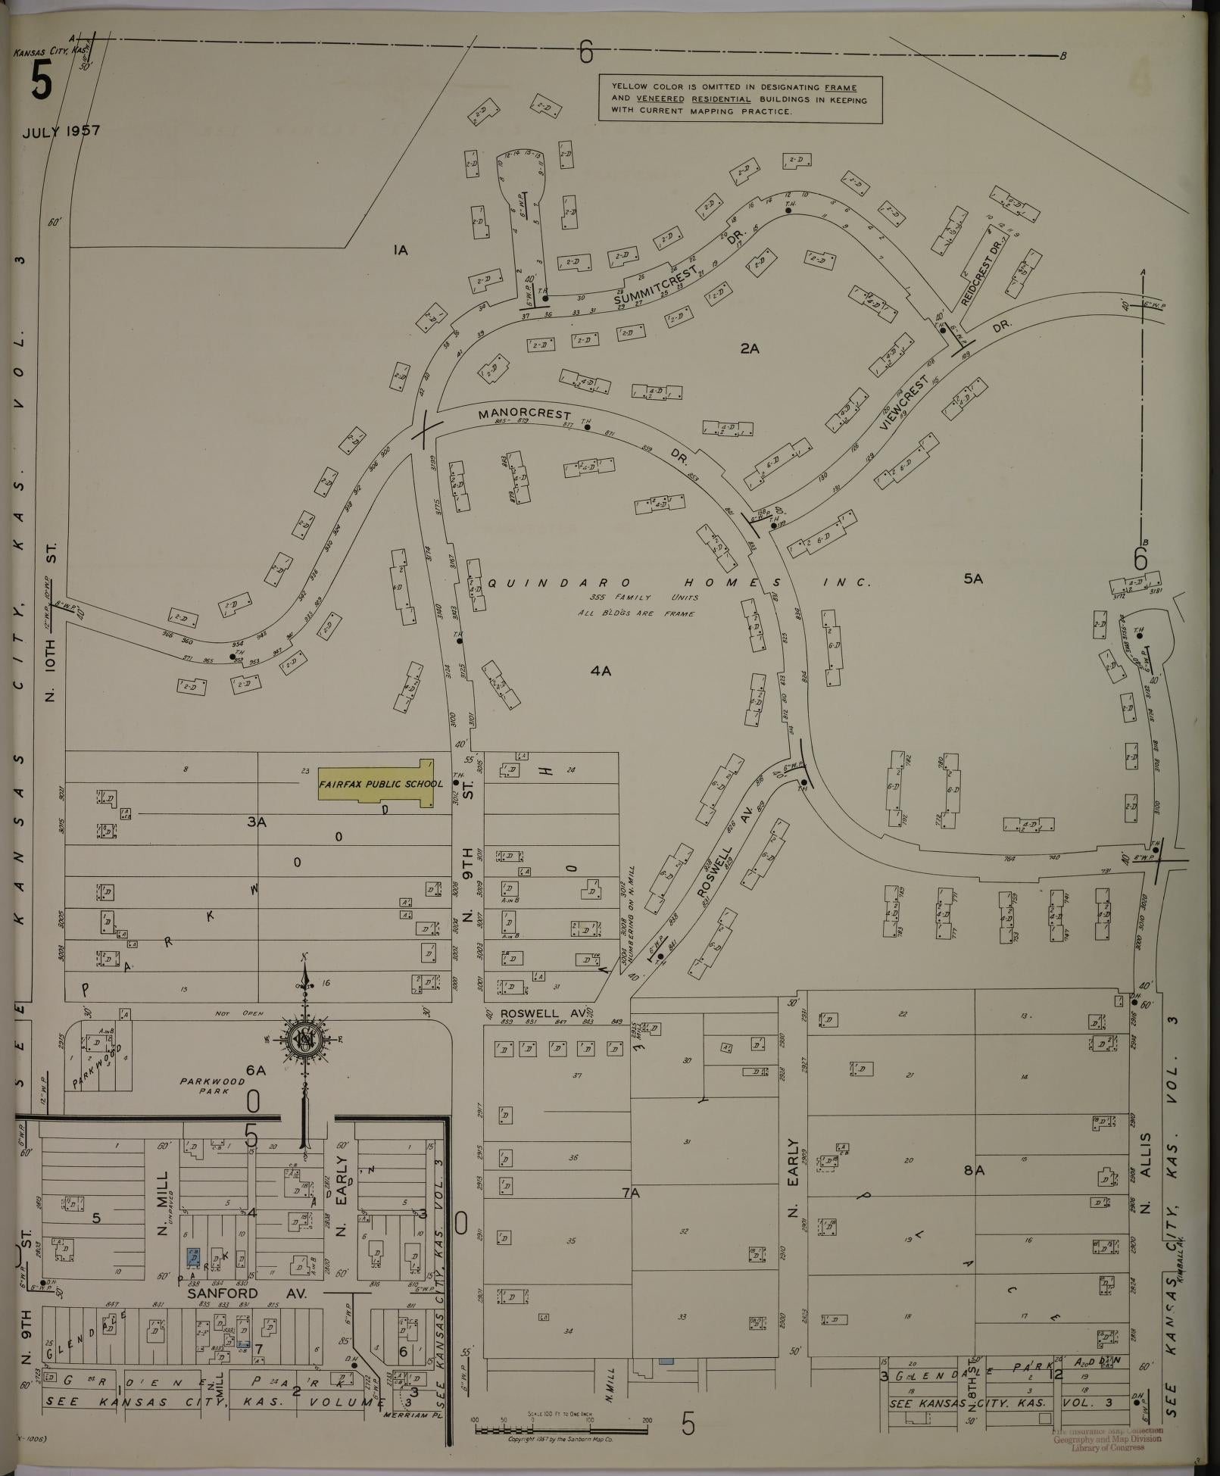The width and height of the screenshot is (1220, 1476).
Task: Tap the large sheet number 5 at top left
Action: tap(42, 81)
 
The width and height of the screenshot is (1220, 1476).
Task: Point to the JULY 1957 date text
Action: tap(61, 131)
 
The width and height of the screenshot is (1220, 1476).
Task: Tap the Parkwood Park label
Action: tap(212, 1086)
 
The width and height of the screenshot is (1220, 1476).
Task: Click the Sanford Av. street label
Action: tap(247, 1294)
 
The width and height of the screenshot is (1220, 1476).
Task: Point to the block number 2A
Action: tap(750, 348)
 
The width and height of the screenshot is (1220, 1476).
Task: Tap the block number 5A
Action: tap(972, 579)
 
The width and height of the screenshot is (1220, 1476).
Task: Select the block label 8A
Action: tap(973, 1170)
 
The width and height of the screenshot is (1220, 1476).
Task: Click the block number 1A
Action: tap(401, 250)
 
